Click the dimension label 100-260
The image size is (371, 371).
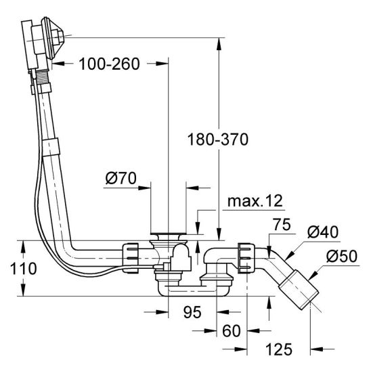tap(109, 64)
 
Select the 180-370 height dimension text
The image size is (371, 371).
tap(218, 139)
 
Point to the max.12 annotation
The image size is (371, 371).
tap(255, 201)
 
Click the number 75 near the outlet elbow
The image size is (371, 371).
tap(282, 224)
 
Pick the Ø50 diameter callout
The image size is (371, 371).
tap(342, 256)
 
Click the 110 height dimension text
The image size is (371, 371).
tap(24, 268)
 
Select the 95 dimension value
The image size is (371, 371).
tap(192, 312)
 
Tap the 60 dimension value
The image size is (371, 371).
tap(232, 331)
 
